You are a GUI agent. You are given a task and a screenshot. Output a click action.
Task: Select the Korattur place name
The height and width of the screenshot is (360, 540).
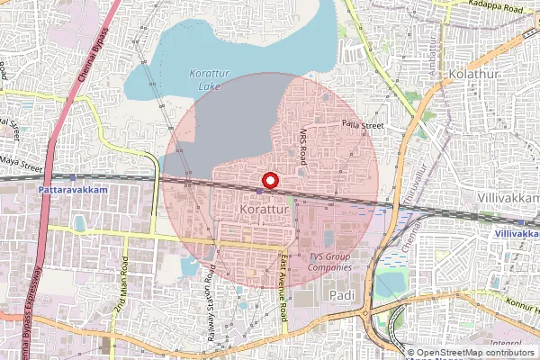[264, 210]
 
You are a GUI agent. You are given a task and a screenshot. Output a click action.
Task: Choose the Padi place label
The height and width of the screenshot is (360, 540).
[342, 294]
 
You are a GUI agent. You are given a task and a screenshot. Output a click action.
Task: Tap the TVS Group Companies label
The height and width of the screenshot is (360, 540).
[328, 262]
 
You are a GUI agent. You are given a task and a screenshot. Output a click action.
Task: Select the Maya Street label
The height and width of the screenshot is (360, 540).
[22, 165]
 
